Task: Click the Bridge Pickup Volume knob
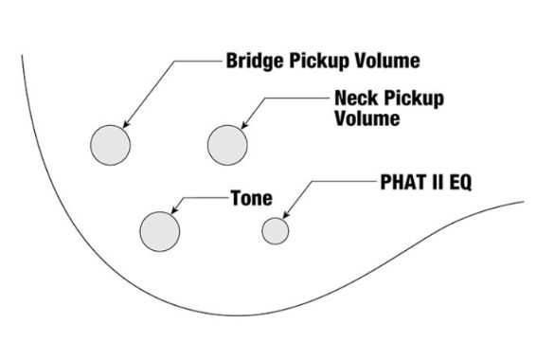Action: tap(110, 145)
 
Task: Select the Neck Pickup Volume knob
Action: tap(227, 145)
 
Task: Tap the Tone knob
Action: tap(160, 231)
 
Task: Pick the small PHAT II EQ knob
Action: tap(276, 231)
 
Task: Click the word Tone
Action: tap(252, 198)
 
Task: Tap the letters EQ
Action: tap(460, 183)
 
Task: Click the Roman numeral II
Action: tap(438, 182)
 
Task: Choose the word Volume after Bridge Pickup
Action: tap(387, 61)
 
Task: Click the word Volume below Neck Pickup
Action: tap(367, 118)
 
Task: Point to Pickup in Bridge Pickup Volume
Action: tap(320, 62)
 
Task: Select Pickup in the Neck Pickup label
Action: tap(414, 99)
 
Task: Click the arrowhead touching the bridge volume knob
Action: tap(126, 124)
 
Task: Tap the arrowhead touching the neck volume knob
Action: tap(244, 124)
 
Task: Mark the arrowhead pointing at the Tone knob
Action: tap(174, 209)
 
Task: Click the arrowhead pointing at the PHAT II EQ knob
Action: tap(286, 214)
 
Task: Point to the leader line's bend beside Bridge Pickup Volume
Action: tap(174, 62)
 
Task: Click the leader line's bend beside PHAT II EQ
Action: tap(313, 182)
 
